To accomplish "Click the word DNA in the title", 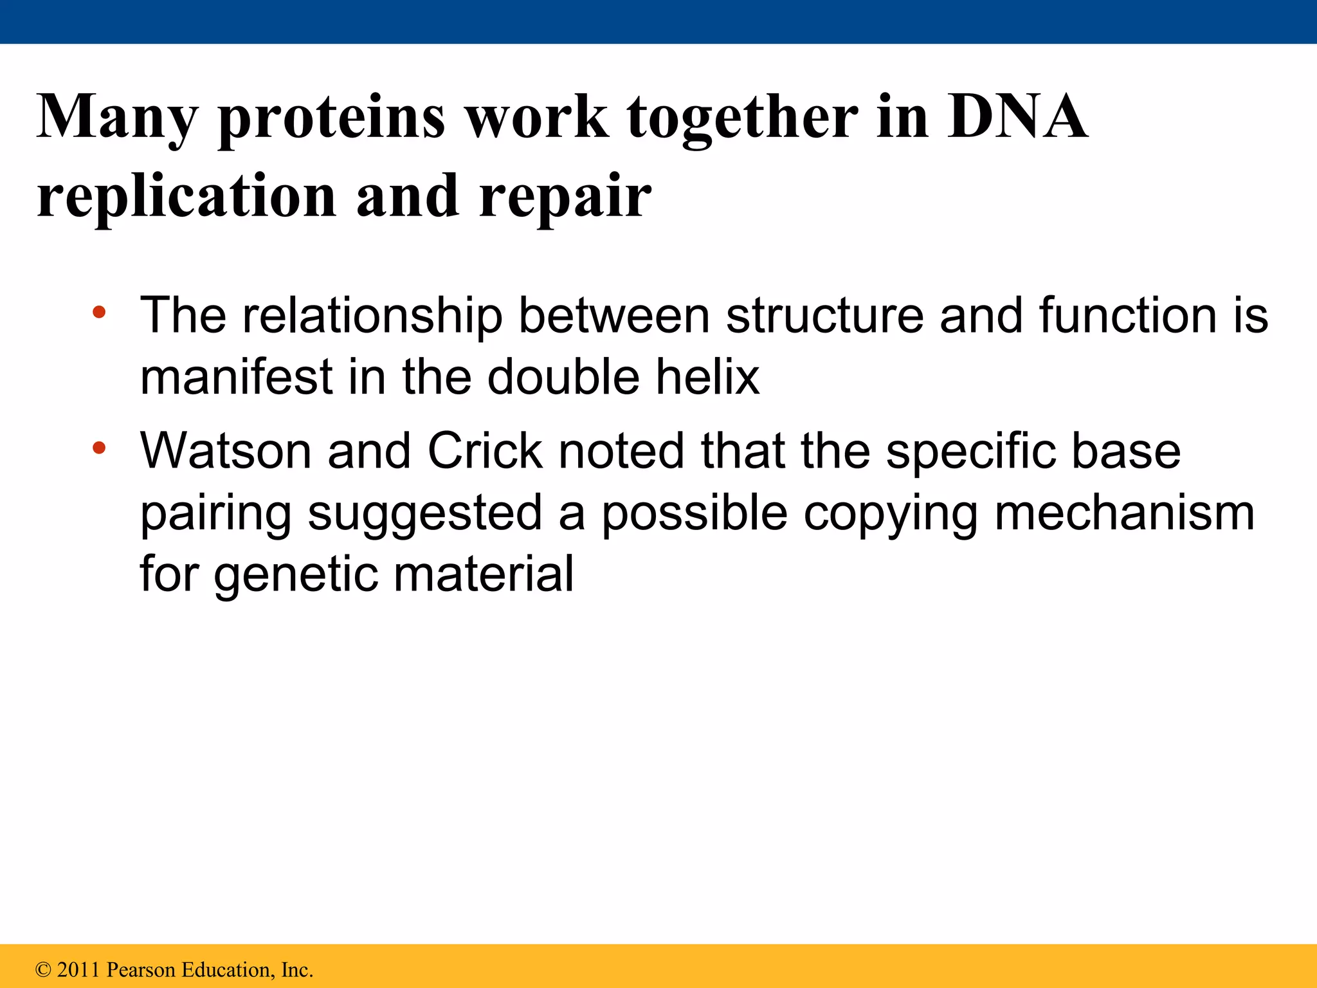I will [1017, 117].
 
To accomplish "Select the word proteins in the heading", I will [331, 120].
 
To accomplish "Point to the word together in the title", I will [743, 120].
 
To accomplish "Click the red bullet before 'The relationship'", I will [98, 313].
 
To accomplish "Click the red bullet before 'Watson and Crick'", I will [98, 448].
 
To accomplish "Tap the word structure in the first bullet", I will [825, 316].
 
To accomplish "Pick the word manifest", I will [236, 378].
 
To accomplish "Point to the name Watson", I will [226, 451].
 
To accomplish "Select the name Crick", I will [485, 451].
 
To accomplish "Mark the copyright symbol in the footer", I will [43, 970].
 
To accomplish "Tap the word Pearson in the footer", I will [140, 970].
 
